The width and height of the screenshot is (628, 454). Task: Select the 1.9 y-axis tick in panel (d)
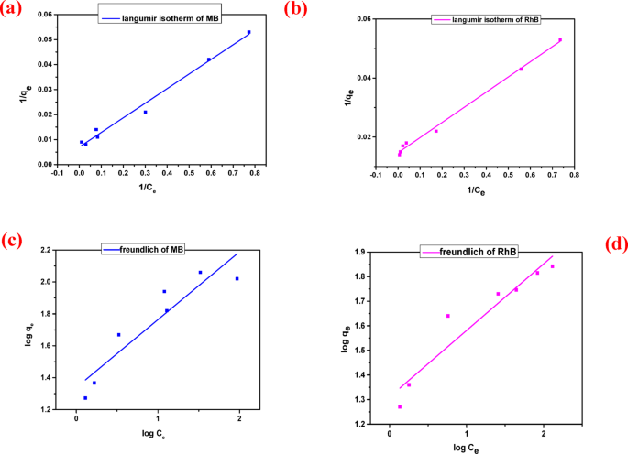pyautogui.click(x=358, y=252)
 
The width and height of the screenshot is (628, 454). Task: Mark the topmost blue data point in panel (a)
pyautogui.click(x=248, y=33)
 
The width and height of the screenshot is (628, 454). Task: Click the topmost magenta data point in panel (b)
pyautogui.click(x=560, y=40)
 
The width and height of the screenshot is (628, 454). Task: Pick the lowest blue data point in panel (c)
pyautogui.click(x=85, y=398)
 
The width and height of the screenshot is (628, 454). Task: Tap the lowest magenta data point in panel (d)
pyautogui.click(x=400, y=406)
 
